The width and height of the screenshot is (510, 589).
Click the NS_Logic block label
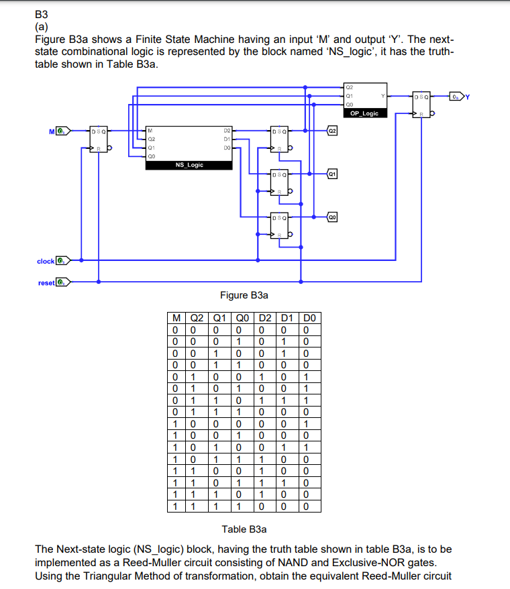189,164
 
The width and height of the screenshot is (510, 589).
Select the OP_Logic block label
364,113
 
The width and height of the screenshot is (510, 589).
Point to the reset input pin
62,282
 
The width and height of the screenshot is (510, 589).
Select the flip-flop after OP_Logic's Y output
422,104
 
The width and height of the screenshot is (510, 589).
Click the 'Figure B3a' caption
245,295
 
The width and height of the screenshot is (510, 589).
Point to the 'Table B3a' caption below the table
244,529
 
